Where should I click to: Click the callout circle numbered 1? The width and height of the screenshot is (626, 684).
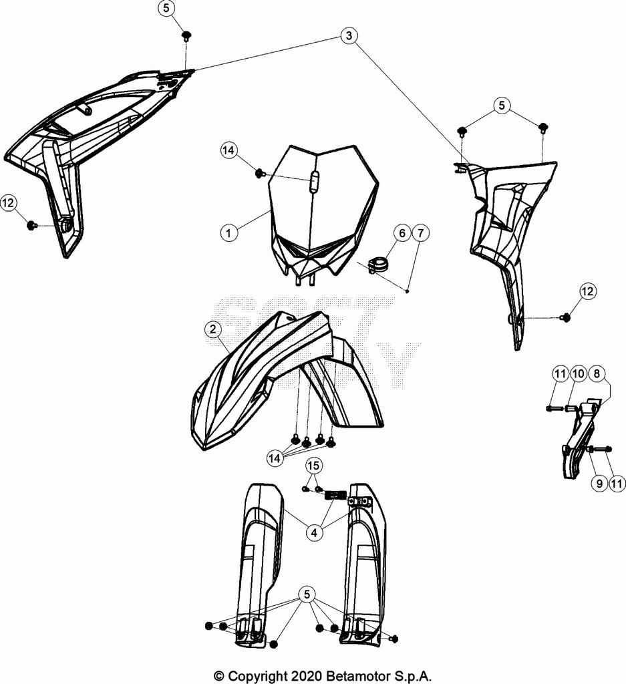228,233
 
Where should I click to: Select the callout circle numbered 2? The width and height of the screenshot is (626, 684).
212,329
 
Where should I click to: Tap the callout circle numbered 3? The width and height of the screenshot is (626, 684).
348,36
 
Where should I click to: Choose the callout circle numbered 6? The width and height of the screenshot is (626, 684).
401,233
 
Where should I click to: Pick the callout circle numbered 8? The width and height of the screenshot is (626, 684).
597,373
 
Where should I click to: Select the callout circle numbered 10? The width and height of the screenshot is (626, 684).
578,373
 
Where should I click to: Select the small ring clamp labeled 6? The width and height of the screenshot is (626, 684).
379,263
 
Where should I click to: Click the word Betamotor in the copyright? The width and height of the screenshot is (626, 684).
357,675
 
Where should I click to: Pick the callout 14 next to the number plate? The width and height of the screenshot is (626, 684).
229,152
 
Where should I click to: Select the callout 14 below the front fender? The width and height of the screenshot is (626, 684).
275,458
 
